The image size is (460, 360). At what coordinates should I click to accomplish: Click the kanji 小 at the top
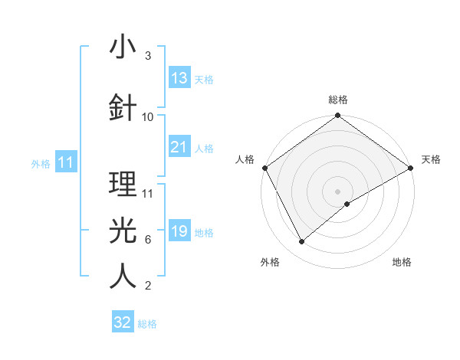click(x=123, y=47)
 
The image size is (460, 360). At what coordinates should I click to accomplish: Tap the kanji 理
click(x=123, y=184)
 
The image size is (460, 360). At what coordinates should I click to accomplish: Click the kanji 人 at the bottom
click(x=123, y=276)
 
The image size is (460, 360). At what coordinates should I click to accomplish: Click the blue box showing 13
click(x=179, y=78)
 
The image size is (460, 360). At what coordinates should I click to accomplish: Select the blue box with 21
click(x=179, y=147)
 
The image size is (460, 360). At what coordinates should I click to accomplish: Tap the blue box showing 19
click(x=179, y=231)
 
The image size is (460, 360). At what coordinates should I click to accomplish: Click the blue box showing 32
click(x=123, y=322)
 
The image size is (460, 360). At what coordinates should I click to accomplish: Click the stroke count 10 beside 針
click(x=148, y=116)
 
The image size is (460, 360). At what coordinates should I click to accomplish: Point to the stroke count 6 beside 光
click(x=147, y=240)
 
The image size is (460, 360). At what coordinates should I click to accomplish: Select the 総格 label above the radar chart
click(x=338, y=100)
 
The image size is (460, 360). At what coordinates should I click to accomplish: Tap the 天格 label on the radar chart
click(x=431, y=159)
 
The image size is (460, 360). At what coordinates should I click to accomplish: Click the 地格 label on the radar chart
click(x=402, y=263)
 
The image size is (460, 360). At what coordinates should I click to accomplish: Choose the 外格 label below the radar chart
click(x=270, y=263)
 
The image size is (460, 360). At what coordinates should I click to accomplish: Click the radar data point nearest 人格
click(x=264, y=168)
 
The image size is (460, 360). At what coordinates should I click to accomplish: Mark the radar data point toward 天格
click(x=412, y=168)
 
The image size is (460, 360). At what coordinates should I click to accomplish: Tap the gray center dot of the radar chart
click(x=338, y=191)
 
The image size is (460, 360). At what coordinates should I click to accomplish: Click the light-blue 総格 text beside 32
click(x=147, y=324)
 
